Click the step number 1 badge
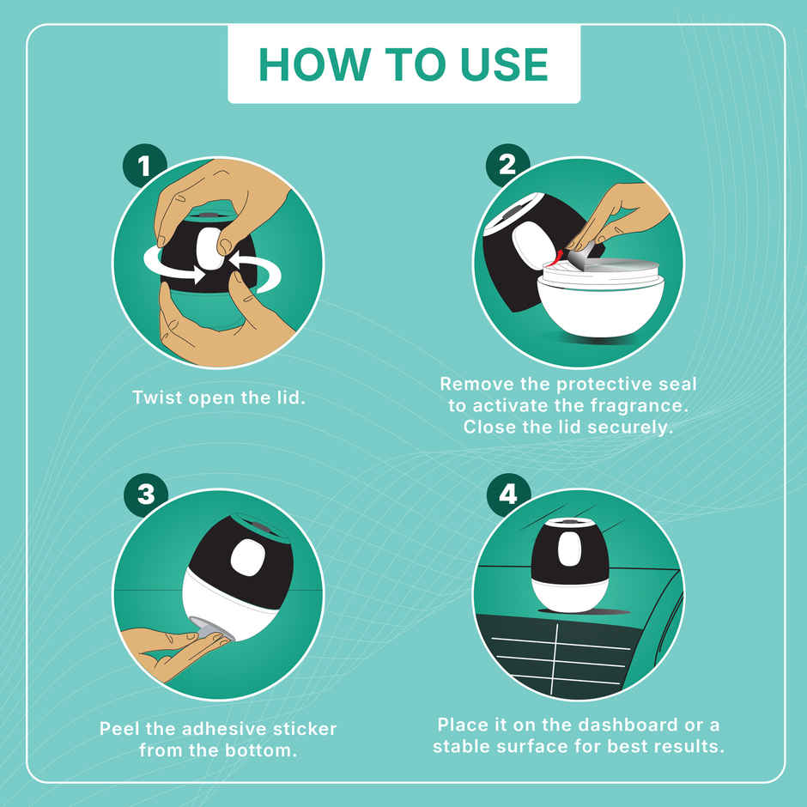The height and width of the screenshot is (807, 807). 143,166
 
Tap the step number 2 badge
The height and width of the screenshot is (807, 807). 507,165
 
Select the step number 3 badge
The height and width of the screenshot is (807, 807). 146,495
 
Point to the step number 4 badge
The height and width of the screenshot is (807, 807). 508,495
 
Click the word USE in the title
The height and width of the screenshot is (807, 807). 505,65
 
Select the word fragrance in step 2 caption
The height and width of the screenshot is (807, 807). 640,405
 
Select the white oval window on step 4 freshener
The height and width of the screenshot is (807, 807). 569,549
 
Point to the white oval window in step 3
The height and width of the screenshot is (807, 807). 248,557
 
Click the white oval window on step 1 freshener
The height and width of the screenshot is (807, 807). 210,249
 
